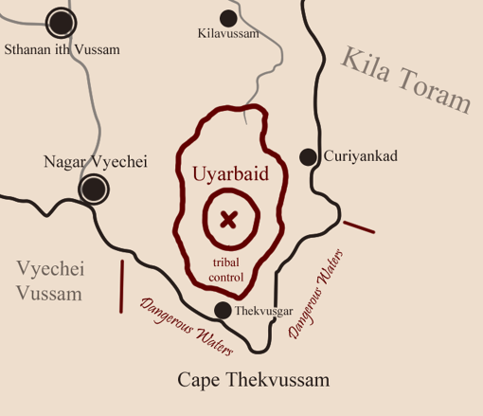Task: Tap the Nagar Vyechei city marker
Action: (93, 189)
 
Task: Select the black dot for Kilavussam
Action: (228, 17)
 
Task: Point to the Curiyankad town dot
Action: (308, 156)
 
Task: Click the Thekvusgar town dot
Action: (223, 310)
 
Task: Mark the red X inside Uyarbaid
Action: (228, 220)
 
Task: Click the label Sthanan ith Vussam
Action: (63, 49)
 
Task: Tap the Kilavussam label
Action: (229, 35)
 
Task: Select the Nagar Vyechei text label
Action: (96, 162)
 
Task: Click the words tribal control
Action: (226, 270)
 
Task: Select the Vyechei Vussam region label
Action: (49, 281)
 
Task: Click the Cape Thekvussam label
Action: (254, 381)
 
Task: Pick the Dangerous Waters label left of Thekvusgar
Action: (186, 327)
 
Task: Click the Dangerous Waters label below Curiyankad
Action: (315, 294)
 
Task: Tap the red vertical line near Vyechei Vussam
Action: (121, 286)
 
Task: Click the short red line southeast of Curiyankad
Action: (359, 226)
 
